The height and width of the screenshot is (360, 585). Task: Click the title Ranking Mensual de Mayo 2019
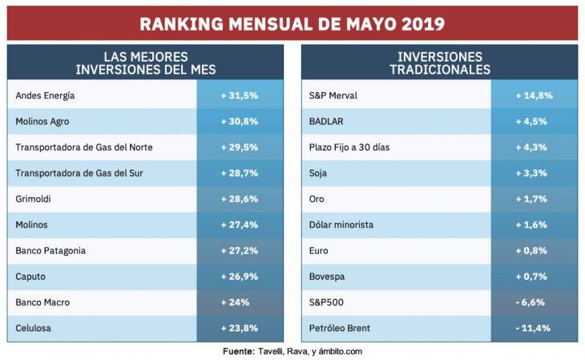click(292, 23)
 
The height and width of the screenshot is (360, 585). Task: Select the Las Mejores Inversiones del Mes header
click(145, 63)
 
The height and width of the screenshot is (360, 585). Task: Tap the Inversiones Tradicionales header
click(439, 63)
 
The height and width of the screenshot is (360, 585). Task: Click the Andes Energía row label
click(45, 95)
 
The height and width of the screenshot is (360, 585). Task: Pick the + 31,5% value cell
click(240, 95)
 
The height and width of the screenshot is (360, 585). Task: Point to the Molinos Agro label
click(44, 121)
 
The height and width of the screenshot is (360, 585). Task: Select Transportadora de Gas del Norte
click(84, 147)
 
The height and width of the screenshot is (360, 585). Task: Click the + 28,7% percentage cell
click(240, 173)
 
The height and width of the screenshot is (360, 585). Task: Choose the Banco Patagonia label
click(50, 250)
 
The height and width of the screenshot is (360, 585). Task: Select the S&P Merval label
click(333, 95)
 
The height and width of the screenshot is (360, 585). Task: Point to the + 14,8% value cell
click(534, 95)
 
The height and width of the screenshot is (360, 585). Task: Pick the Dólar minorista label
click(341, 224)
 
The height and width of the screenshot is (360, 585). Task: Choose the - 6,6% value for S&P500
click(534, 302)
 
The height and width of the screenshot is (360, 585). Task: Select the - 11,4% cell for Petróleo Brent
click(534, 328)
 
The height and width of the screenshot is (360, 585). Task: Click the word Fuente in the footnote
click(238, 351)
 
